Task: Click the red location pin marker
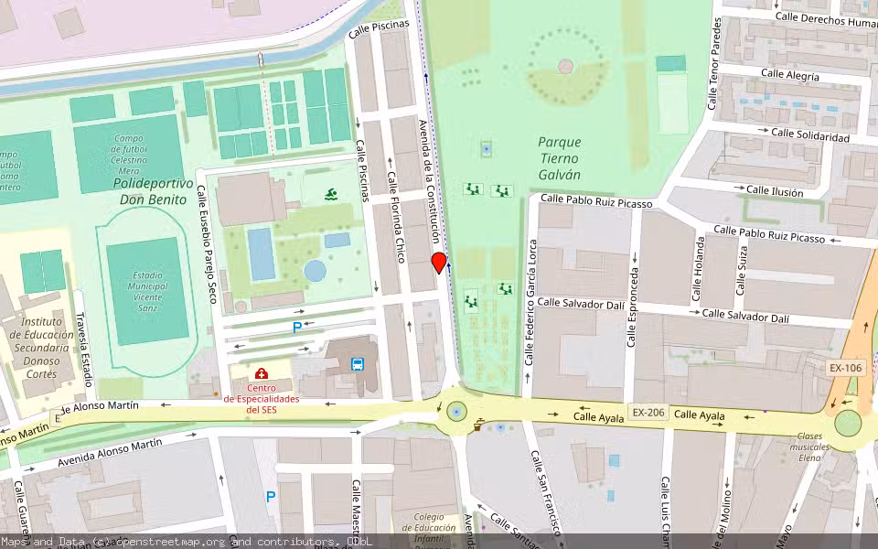[x=439, y=263]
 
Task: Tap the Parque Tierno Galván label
[x=559, y=157]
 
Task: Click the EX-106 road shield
[x=845, y=368]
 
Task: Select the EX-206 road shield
[x=646, y=413]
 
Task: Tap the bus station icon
[x=358, y=363]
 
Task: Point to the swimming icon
[x=330, y=194]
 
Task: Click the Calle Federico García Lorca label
[x=530, y=302]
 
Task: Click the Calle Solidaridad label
[x=809, y=135]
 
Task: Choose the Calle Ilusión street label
[x=774, y=191]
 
